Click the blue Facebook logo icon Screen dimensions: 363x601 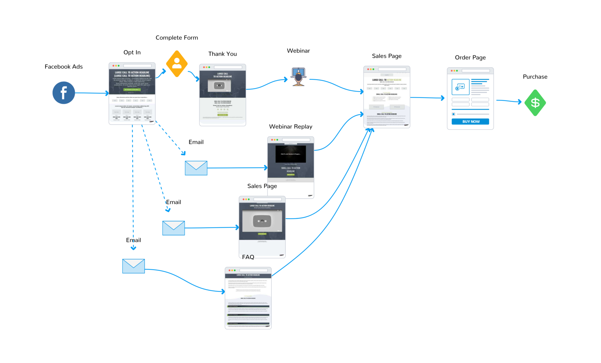64,93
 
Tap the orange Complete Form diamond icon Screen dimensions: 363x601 177,64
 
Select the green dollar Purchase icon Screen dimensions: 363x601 535,103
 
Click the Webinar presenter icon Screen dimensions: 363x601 298,77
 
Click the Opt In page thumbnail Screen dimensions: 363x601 132,94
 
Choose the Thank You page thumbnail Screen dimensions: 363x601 223,95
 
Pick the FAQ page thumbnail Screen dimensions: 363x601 248,298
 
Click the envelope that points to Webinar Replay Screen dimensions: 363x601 196,168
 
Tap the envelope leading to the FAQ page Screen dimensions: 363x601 133,266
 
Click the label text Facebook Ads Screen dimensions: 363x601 64,67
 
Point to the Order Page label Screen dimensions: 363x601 470,58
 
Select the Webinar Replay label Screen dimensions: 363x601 290,127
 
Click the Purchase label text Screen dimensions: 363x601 535,77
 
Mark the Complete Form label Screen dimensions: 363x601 177,38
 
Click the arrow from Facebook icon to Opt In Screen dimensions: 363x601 92,93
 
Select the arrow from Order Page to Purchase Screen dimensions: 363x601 509,101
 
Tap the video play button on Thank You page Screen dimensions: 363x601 219,85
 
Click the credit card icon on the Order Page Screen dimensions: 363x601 460,87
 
